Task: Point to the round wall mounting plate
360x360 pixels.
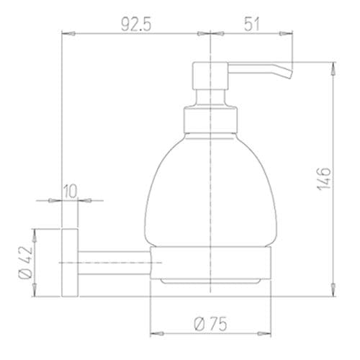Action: coord(70,264)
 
